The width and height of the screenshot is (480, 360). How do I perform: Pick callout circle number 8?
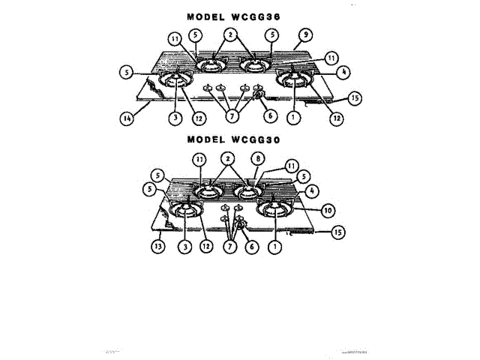point(257,160)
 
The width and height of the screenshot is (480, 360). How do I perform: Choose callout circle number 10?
point(327,210)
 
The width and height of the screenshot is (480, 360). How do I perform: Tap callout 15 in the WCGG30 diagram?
point(337,232)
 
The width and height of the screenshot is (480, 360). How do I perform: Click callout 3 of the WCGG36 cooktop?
point(175,117)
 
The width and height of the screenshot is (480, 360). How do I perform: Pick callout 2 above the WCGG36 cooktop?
point(231,34)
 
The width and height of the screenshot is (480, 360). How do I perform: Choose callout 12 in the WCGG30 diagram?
point(205,244)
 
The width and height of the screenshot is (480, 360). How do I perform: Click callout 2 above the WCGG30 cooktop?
point(227,160)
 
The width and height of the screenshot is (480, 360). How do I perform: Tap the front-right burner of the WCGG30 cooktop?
point(276,211)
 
